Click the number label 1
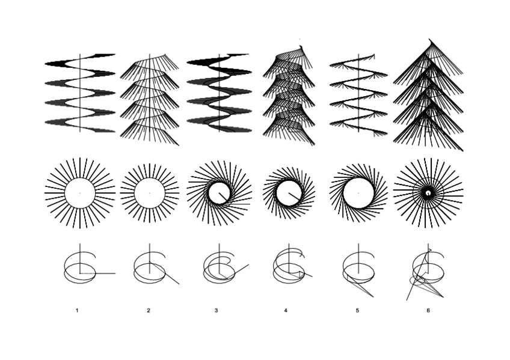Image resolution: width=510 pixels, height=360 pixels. (77, 310)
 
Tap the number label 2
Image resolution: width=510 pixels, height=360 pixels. (148, 310)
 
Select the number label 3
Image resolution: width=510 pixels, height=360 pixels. (216, 310)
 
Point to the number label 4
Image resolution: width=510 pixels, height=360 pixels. (286, 310)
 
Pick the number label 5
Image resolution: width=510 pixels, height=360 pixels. (357, 310)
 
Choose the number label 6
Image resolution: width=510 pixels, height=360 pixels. (428, 310)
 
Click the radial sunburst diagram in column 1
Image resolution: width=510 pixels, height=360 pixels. (80, 193)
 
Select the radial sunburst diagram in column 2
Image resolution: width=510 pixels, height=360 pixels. (149, 193)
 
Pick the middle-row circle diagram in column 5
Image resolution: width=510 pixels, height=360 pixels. (359, 193)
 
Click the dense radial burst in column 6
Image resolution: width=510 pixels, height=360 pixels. (428, 193)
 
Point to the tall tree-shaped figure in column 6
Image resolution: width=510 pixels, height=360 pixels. (428, 96)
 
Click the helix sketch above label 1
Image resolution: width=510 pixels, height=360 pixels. (84, 267)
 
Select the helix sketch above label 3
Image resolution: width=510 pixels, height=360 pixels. (221, 268)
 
